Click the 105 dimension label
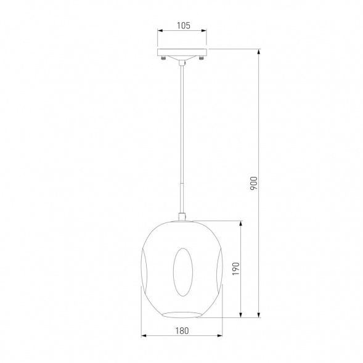coord(184,25)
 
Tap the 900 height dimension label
coord(254,183)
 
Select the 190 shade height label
coord(235,269)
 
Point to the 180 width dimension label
coord(182,330)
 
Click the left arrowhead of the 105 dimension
coord(160,31)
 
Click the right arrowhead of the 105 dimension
coord(204,31)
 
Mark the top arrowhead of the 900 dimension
coord(259,52)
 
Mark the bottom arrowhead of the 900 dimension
coord(259,314)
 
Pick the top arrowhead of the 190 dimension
coord(241,224)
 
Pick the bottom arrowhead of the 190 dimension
coord(241,314)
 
